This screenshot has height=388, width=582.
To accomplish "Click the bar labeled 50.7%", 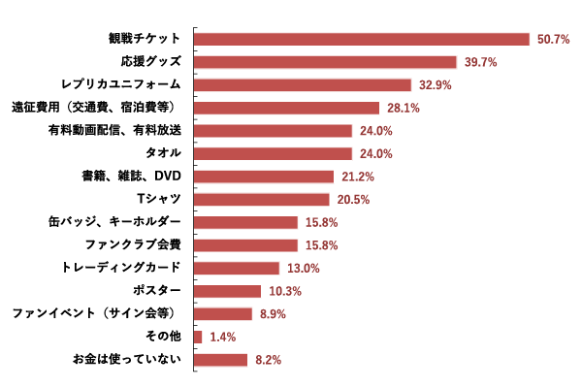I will [362, 39].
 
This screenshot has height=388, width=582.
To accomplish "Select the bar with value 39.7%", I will [325, 62].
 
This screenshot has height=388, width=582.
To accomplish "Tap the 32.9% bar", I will [303, 85].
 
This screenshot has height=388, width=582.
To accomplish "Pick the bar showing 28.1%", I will [286, 108].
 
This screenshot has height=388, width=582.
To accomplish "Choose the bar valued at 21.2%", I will [264, 177].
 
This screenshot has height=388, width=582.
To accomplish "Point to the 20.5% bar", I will [262, 200].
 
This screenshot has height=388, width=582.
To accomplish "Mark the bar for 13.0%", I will [237, 269].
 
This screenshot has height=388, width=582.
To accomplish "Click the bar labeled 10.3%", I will [227, 291].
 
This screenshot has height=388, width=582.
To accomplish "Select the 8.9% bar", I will [223, 314].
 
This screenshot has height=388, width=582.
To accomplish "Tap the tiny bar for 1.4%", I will [198, 337].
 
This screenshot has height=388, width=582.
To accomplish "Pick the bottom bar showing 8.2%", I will [220, 360].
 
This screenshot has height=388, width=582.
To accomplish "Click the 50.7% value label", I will [553, 39].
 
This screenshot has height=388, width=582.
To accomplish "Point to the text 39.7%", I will [480, 62].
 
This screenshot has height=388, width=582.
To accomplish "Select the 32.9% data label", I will [435, 85].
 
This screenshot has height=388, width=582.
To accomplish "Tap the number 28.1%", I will [403, 108].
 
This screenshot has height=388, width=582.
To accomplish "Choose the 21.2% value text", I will [357, 177].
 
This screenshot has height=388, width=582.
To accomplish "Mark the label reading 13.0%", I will [303, 269].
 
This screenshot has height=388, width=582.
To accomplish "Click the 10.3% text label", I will [284, 291].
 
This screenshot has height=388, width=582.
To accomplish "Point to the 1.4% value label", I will [222, 337].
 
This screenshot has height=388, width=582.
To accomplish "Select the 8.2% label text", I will [268, 360].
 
